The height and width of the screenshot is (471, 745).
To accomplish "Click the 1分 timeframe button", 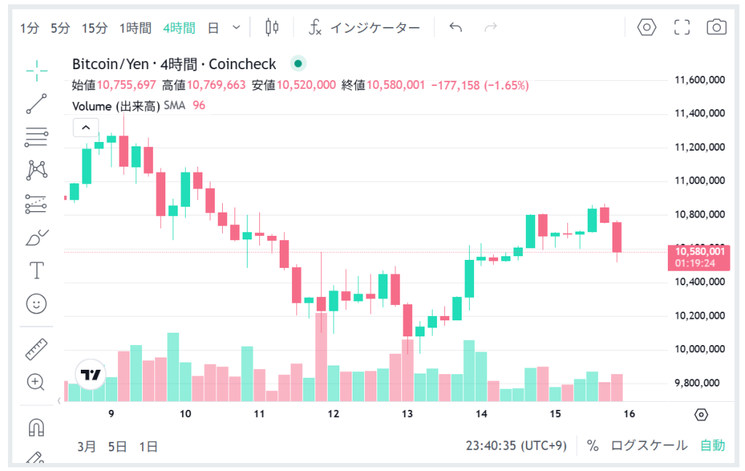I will point(29,28).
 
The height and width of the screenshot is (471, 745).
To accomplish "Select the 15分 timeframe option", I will point(95,28).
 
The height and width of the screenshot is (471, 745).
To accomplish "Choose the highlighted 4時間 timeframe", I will point(178,28).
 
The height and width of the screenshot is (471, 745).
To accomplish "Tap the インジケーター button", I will point(364,28).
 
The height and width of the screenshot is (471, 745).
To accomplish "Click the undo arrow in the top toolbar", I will point(456,28).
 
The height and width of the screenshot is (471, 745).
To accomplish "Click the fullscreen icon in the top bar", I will point(682,28).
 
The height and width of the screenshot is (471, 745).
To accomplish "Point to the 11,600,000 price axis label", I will point(700,79).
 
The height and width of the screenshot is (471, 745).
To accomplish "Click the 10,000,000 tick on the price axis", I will point(700,349).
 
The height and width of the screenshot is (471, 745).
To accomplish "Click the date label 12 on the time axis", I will point(334,413).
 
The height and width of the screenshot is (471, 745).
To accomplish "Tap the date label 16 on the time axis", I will point(629,413).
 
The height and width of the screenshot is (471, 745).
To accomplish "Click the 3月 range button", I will point(86,446).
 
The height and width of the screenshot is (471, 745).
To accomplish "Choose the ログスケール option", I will point(648,446).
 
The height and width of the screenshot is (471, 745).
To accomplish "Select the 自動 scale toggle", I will point(712,446).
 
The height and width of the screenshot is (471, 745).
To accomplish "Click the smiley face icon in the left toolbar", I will point(36,304).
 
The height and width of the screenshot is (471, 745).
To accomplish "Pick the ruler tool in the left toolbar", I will point(36,349).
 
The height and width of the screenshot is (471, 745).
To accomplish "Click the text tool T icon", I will point(36,271).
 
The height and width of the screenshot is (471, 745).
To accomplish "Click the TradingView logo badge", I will point(91,375).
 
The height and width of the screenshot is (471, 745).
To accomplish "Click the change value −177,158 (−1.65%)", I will point(480,85).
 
